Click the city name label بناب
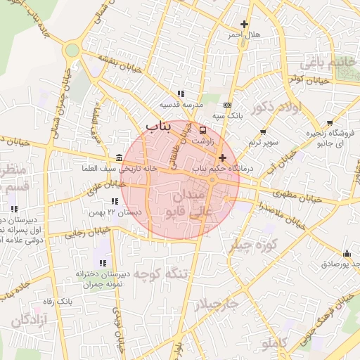click(160, 126)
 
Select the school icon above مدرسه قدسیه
click(181, 94)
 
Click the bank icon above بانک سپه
click(226, 105)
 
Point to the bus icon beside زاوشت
click(203, 130)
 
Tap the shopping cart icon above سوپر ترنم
click(263, 132)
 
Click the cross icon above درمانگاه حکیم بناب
click(223, 158)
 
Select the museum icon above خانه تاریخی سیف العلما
click(117, 157)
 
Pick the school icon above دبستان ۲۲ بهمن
click(115, 201)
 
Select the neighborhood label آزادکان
click(29, 321)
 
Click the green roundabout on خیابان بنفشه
click(72, 51)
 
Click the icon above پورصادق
click(346, 253)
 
